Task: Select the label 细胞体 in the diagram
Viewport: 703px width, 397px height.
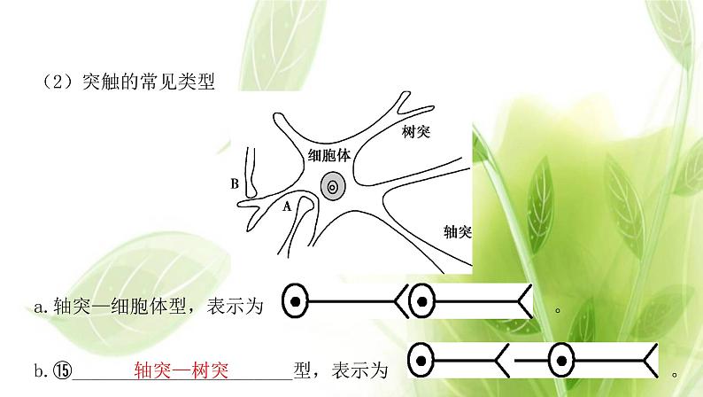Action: coord(328,155)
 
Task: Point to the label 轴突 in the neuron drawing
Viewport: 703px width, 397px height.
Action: coord(457,232)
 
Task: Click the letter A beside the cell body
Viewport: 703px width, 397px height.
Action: coord(286,207)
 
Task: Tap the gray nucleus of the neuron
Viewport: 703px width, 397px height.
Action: coord(333,187)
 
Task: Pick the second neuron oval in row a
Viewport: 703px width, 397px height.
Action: coord(421,304)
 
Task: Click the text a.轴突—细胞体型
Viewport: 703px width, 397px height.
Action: coord(107,307)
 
